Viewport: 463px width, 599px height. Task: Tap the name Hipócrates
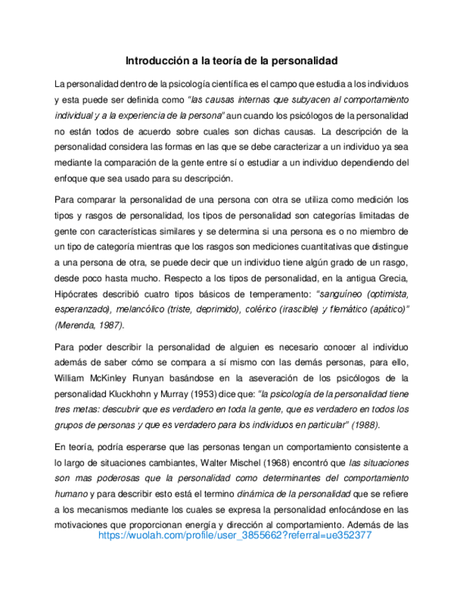(x=79, y=293)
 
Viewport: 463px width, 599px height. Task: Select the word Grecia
(x=392, y=278)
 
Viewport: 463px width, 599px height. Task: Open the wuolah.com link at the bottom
(x=235, y=535)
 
